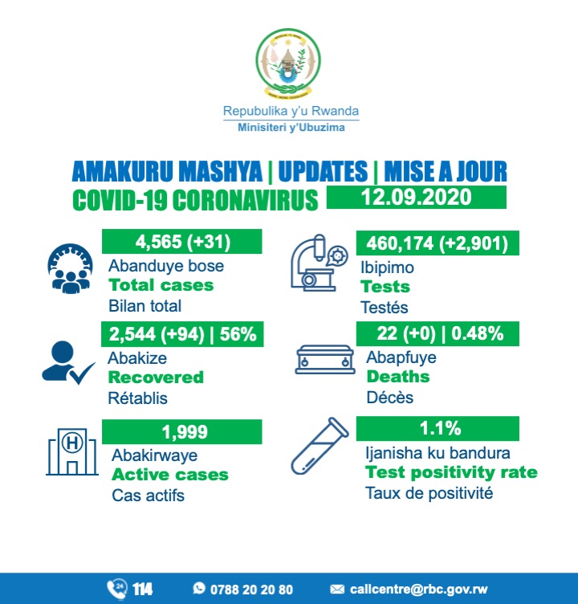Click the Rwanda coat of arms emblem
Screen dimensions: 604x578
(287, 63)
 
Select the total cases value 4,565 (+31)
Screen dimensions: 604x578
(181, 242)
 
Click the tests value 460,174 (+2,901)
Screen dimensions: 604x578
(437, 242)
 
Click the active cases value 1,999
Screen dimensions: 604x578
(181, 431)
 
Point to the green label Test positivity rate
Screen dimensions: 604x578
(450, 472)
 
